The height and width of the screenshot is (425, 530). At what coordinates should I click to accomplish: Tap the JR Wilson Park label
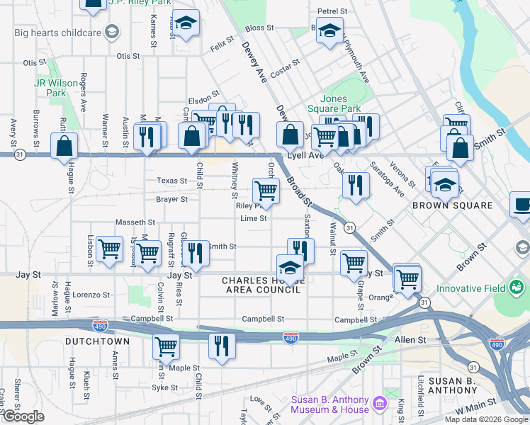click(56, 88)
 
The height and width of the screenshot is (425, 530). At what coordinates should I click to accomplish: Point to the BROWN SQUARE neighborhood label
click(453, 205)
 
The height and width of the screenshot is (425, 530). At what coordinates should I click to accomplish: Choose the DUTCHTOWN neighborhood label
click(98, 341)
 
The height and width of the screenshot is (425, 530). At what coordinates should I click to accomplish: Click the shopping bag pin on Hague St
click(64, 146)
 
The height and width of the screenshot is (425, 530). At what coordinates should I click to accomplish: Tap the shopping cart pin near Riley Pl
click(266, 190)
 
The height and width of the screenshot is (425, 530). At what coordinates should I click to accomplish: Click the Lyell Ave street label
click(305, 154)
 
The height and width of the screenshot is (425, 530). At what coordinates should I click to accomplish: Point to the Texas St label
click(172, 181)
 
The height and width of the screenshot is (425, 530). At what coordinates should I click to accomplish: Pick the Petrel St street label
click(332, 12)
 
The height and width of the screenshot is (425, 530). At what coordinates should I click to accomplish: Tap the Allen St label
click(410, 340)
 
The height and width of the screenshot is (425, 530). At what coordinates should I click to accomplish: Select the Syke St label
click(164, 387)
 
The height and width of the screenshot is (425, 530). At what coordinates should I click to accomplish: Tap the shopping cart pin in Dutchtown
click(166, 347)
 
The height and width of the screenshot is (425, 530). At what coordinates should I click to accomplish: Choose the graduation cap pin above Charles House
click(290, 268)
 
